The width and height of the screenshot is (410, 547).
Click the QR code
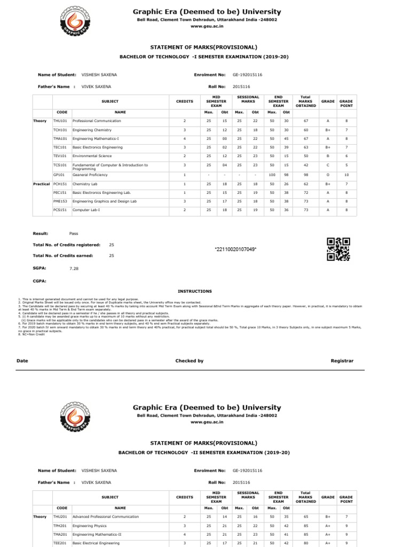tap(338, 249)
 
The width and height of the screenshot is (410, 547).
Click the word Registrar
tap(342, 361)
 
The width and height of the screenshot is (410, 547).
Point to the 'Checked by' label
tap(190, 361)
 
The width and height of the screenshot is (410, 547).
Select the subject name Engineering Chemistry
tap(92, 130)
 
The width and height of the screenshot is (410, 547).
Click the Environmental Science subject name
tap(92, 156)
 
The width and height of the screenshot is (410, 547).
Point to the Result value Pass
tap(74, 233)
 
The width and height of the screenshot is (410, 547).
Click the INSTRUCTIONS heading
tap(194, 291)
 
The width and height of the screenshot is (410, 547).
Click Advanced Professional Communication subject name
tap(105, 517)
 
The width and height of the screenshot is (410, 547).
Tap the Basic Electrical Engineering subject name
tap(98, 543)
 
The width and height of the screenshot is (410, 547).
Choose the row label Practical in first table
tap(41, 183)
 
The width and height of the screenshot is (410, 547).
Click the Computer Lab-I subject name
tap(86, 210)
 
